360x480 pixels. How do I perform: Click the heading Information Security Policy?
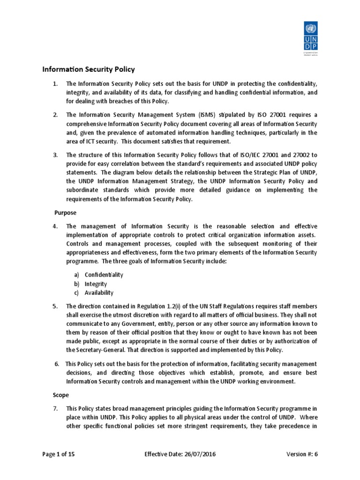pos(89,69)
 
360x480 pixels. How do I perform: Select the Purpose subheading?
pos(66,212)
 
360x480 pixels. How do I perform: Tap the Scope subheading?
pos(61,395)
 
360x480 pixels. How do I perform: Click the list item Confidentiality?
pos(104,275)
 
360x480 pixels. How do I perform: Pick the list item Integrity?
pos(96,284)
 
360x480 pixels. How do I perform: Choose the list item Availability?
pos(99,292)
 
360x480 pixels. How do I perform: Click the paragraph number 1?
pos(55,84)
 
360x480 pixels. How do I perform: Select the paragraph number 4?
pos(55,226)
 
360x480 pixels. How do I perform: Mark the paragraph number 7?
pos(55,409)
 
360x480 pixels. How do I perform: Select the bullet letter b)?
pos(76,284)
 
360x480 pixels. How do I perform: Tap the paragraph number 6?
pos(57,364)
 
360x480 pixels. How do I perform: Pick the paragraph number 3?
pos(55,155)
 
